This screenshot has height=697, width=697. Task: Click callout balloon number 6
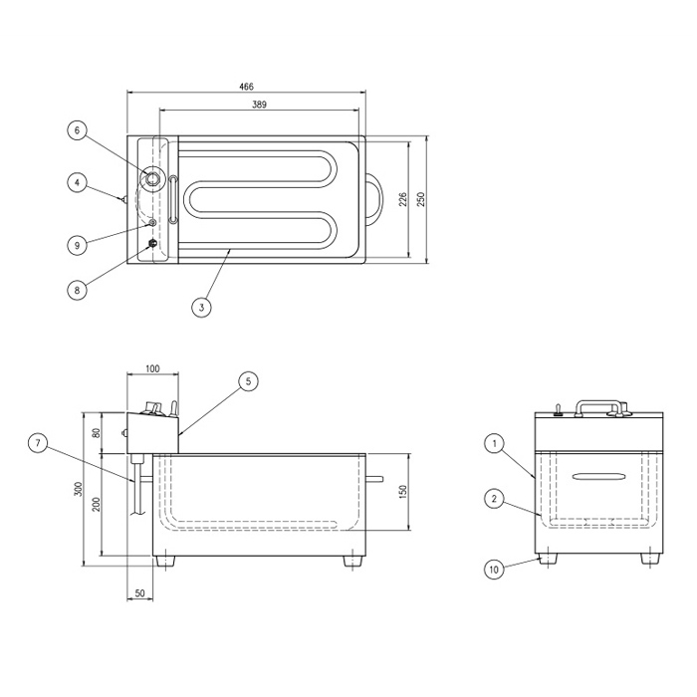point(77,130)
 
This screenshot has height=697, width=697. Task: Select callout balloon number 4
point(78,182)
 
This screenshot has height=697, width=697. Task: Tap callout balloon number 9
point(78,245)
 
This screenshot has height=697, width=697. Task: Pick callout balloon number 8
point(77,291)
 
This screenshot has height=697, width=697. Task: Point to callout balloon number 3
point(202,307)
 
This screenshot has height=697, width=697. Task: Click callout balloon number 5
point(248,381)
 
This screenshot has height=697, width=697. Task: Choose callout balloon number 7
point(38,443)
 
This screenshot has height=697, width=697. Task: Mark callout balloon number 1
point(494,443)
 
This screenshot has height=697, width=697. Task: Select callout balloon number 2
point(494,499)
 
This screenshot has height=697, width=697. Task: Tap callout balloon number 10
point(494,570)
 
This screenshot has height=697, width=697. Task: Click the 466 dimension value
point(246,87)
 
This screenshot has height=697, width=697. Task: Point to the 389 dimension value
point(259,105)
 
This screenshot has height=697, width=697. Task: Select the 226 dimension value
point(402,199)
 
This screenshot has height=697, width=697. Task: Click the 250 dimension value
point(421,199)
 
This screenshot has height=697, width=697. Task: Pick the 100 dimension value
point(152,369)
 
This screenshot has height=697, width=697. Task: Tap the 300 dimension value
point(79,489)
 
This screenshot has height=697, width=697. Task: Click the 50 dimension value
point(139,593)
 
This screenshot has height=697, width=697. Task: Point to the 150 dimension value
point(402,492)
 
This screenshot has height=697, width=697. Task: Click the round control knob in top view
point(151,178)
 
